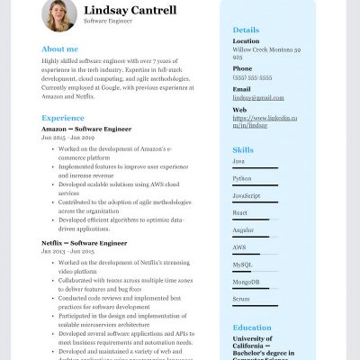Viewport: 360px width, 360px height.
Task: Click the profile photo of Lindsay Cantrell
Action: click(59, 15)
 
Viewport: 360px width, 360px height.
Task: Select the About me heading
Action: click(59, 49)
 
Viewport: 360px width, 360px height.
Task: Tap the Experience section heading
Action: click(63, 118)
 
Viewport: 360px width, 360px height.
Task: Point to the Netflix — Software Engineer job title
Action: click(84, 243)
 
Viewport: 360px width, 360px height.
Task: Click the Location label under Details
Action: click(246, 40)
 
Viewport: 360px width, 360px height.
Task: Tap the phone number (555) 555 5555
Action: click(251, 78)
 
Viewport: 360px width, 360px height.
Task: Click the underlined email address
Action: click(251, 98)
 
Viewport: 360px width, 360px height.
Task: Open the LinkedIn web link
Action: click(266, 121)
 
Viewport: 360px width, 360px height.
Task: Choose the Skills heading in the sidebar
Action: click(243, 149)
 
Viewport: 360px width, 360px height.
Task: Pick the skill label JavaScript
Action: click(247, 195)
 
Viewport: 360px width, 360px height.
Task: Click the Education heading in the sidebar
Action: click(251, 328)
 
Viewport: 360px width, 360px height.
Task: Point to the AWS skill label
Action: click(239, 247)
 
